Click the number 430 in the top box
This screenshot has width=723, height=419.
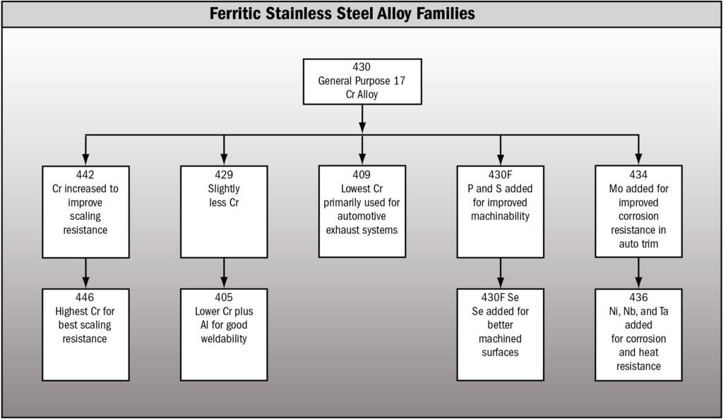pos(361,67)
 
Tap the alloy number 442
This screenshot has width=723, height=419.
pos(85,175)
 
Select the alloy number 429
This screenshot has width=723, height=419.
pos(224,175)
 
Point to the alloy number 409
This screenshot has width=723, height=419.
pos(361,175)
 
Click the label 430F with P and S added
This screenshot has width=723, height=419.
pos(501,175)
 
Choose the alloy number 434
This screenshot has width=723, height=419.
pos(638,175)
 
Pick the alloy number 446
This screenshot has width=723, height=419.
pos(85,297)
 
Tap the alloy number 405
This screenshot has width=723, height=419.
pos(224,297)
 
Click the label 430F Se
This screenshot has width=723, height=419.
pos(501,297)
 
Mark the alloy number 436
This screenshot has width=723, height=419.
pos(638,297)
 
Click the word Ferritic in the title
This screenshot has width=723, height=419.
pos(235,13)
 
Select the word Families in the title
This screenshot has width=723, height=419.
pos(446,13)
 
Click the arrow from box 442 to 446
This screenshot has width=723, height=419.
pos(85,273)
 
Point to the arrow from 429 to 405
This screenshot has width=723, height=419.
pos(224,273)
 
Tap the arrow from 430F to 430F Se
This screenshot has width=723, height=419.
pos(501,273)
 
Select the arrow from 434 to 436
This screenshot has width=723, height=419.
pos(638,273)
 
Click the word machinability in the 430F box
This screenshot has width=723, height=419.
pos(501,216)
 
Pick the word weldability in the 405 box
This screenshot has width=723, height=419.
pos(224,339)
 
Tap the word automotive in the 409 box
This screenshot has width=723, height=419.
pos(361,216)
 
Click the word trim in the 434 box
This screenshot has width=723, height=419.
pos(649,244)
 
